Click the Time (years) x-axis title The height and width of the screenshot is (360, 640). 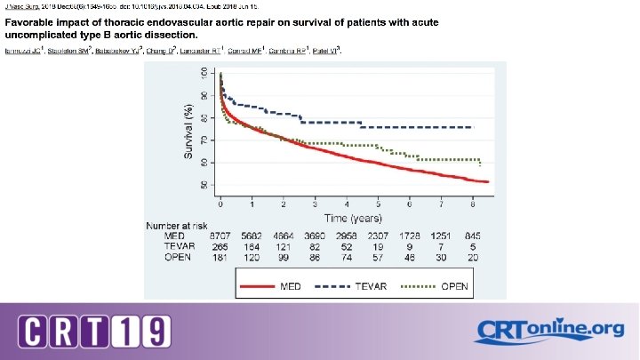click(x=353, y=217)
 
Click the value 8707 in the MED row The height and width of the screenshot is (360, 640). click(x=220, y=236)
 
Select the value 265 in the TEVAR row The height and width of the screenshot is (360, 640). click(x=220, y=246)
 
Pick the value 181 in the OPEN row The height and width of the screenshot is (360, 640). click(x=220, y=257)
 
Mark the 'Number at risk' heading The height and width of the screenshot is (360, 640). click(x=176, y=226)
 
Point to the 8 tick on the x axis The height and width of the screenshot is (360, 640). click(x=472, y=204)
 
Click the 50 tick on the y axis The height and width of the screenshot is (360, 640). click(x=205, y=185)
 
